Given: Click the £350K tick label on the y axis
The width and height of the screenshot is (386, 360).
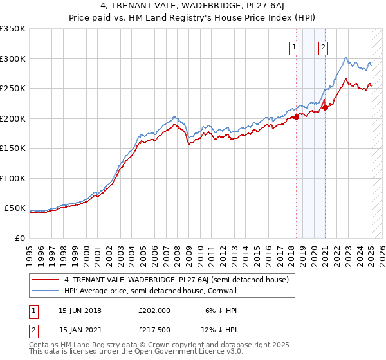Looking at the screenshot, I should point(13,29).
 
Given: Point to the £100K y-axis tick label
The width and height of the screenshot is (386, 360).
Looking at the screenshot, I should point(13,178).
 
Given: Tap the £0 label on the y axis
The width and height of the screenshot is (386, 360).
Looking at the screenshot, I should point(19,238).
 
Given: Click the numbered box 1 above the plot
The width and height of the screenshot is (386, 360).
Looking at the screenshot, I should point(295,46).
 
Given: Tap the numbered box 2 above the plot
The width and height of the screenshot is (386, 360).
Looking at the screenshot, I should point(322,46).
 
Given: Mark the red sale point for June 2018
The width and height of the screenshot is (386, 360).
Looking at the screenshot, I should point(297,117).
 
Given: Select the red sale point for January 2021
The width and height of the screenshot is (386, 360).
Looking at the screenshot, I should point(326,107).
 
